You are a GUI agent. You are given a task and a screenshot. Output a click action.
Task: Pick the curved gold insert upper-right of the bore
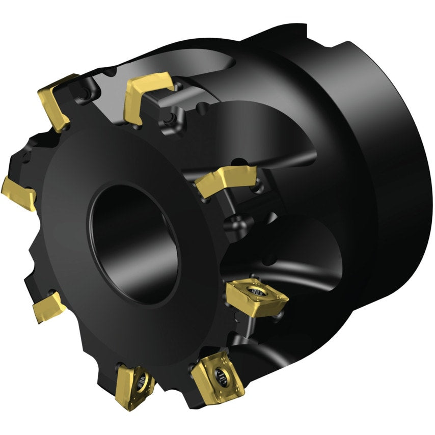224,180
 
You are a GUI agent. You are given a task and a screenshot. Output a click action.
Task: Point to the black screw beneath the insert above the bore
165,120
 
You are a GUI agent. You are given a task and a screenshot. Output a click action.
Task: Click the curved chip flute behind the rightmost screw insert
306,285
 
